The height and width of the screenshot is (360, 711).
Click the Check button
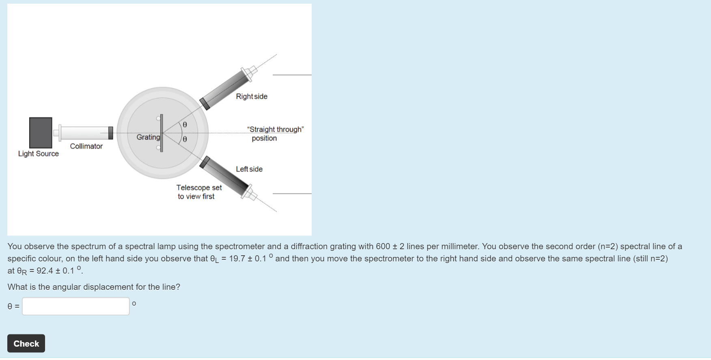point(26,343)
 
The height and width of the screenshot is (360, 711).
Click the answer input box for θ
point(75,306)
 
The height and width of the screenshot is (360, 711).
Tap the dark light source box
point(41,133)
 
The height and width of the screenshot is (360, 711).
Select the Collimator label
point(86,146)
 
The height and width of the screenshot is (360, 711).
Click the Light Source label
point(38,154)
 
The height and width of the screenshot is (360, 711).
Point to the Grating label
point(148,137)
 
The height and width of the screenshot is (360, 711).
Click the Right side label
point(252,97)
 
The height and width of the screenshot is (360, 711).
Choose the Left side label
point(249,169)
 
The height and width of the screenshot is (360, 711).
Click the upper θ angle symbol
point(185,125)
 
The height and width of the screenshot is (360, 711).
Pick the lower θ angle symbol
point(185,139)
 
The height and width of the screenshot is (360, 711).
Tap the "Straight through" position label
point(275,134)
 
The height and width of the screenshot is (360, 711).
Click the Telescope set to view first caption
point(198,192)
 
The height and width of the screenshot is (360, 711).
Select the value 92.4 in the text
point(45,271)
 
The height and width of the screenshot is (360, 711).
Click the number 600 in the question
point(383,246)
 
